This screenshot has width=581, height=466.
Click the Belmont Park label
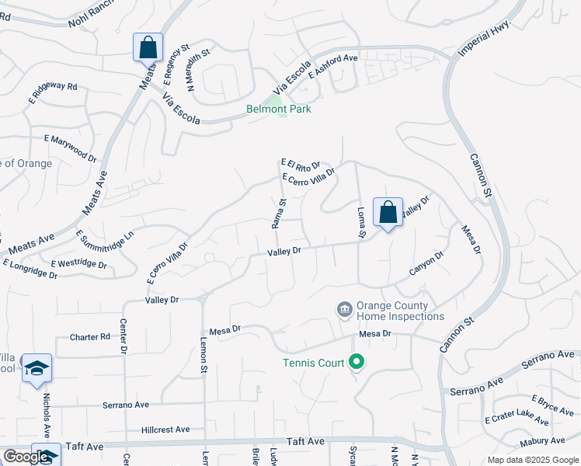[x=279, y=110]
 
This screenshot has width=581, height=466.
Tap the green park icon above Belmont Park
[x=273, y=98]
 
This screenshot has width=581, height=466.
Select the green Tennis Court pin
[x=357, y=361]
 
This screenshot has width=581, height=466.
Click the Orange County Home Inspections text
[x=400, y=311]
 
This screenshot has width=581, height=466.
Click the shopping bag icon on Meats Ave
[x=148, y=47]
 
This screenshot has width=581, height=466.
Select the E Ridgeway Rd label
[x=54, y=92]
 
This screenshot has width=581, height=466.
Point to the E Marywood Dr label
[x=71, y=148]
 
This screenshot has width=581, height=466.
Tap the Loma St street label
[x=360, y=221]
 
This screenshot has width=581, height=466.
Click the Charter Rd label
[x=90, y=337]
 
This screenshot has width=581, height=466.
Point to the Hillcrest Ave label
[x=165, y=429]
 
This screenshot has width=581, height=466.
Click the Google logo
[x=26, y=457]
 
